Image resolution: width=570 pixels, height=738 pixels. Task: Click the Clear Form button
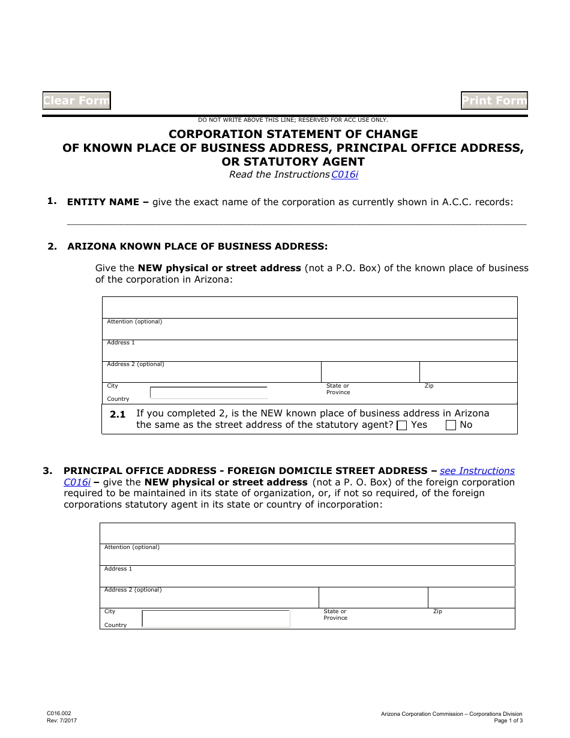point(77,101)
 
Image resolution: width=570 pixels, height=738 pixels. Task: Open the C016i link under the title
point(344,175)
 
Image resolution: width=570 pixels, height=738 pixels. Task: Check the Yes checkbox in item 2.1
point(403,425)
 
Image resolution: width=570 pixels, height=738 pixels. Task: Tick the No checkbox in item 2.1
point(451,425)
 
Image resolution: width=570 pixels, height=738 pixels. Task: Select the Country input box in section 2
point(208,393)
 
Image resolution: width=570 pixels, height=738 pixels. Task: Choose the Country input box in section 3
point(216,619)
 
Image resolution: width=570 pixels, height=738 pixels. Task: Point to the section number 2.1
point(118,414)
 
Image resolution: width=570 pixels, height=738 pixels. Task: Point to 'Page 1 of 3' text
point(508,721)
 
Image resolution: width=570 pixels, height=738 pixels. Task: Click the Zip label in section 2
point(429,386)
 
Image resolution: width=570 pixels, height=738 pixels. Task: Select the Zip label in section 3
point(437,611)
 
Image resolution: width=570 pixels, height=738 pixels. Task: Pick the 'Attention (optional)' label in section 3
point(132,547)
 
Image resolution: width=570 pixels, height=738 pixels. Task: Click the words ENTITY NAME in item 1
point(103,202)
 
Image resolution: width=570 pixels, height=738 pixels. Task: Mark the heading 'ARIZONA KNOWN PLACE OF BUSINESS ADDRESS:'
point(197,246)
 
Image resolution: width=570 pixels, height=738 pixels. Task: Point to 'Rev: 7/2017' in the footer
point(62,721)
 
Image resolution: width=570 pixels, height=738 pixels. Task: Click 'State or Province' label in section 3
point(335,614)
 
